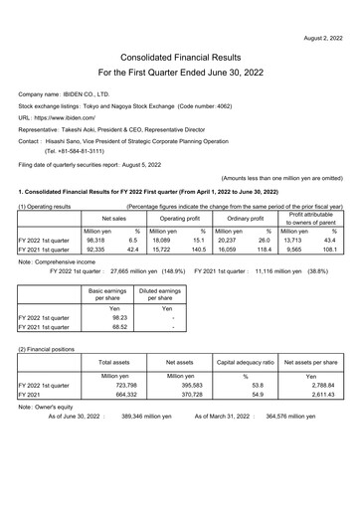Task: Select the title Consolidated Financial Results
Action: pyautogui.click(x=180, y=59)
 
